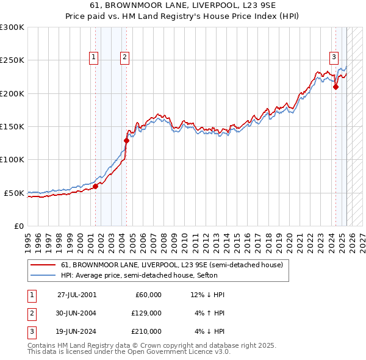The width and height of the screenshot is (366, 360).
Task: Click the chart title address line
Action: click(183, 5)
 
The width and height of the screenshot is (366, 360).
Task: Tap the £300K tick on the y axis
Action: click(12, 27)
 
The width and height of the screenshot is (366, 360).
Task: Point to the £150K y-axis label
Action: click(12, 126)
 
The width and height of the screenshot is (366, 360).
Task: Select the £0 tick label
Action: click(19, 226)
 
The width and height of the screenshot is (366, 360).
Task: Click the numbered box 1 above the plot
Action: click(94, 57)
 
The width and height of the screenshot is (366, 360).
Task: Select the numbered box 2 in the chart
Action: click(124, 57)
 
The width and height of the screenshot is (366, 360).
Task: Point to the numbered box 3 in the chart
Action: click(334, 57)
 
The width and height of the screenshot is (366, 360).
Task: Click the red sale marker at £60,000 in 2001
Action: click(96, 186)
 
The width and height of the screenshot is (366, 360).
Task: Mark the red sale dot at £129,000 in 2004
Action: click(126, 140)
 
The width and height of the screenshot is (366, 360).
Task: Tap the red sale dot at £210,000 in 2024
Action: click(335, 87)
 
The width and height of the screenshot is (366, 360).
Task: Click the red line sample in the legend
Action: click(43, 265)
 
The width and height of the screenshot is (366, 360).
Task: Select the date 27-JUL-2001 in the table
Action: click(77, 295)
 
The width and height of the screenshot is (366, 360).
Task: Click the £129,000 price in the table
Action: click(146, 313)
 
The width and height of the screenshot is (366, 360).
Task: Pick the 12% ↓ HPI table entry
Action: click(207, 295)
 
